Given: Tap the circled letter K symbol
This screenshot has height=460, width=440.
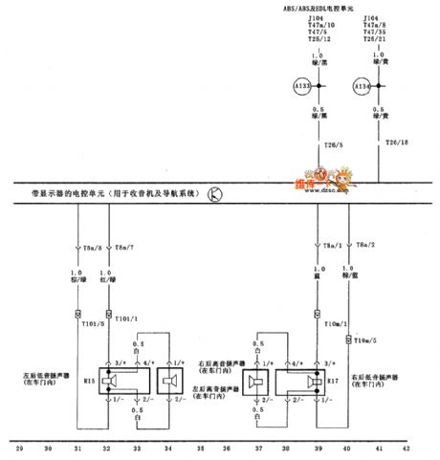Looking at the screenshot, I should pyautogui.click(x=215, y=195).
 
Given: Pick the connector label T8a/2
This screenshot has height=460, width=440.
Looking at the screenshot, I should pyautogui.click(x=364, y=245).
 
